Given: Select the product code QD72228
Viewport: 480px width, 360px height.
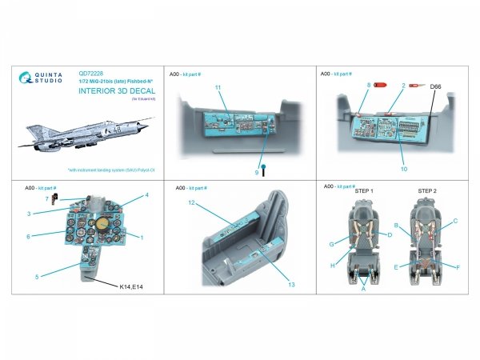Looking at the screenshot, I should (x=79, y=69).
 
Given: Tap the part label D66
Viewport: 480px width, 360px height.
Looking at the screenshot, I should (x=436, y=86).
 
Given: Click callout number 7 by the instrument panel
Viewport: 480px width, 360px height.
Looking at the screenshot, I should (x=47, y=198).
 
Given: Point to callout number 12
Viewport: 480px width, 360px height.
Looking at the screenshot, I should (x=192, y=203).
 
